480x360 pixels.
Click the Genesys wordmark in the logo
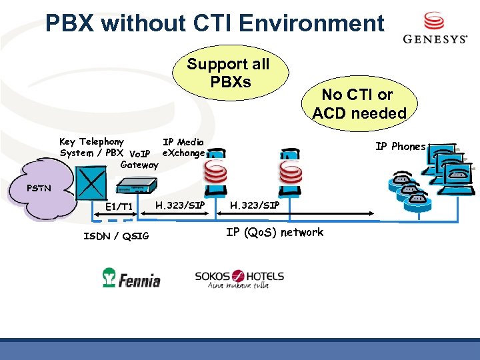[x=435, y=39]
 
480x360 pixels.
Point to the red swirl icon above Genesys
[x=434, y=20]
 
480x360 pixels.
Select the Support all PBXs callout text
[x=228, y=73]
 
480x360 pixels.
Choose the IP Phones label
[x=400, y=147]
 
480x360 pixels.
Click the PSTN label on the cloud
[x=39, y=189]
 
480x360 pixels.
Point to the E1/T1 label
[x=119, y=207]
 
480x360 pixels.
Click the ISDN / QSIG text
[x=116, y=235]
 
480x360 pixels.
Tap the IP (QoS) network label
[x=275, y=233]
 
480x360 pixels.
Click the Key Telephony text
[x=91, y=141]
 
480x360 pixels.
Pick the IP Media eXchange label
[x=183, y=147]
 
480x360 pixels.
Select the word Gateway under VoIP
[x=139, y=164]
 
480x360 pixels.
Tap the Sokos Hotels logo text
[x=239, y=276]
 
